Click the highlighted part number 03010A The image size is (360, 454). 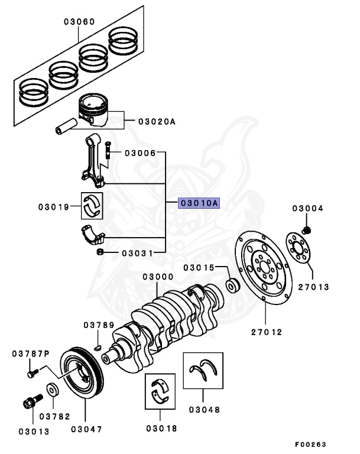point(199,203)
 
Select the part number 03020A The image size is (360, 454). point(157,121)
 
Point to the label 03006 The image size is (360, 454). point(140,153)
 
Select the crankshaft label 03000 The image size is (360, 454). point(157,277)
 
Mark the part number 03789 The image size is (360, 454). point(98,325)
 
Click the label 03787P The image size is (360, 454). point(30,354)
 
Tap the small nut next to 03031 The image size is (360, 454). point(100,253)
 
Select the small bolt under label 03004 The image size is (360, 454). point(307,228)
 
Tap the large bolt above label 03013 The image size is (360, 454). point(28,406)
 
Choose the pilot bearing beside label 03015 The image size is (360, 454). point(233,286)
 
